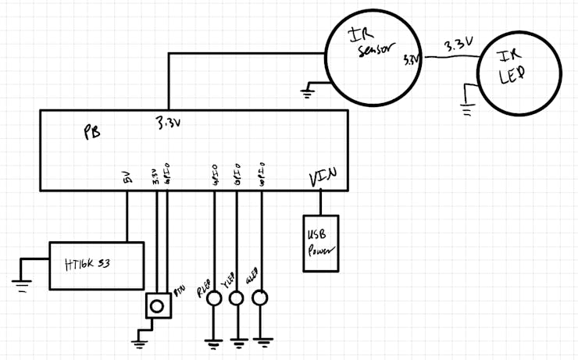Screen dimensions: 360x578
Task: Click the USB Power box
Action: click(x=321, y=243)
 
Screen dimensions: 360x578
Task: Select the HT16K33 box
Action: click(x=96, y=266)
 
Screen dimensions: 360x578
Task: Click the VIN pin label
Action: click(x=323, y=178)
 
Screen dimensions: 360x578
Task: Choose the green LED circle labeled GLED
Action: click(x=261, y=298)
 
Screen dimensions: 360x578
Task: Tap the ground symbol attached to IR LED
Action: click(x=468, y=109)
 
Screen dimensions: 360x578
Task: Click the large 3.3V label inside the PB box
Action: click(x=171, y=123)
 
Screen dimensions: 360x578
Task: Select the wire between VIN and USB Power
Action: click(x=320, y=202)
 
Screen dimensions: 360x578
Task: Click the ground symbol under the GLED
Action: click(x=262, y=340)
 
